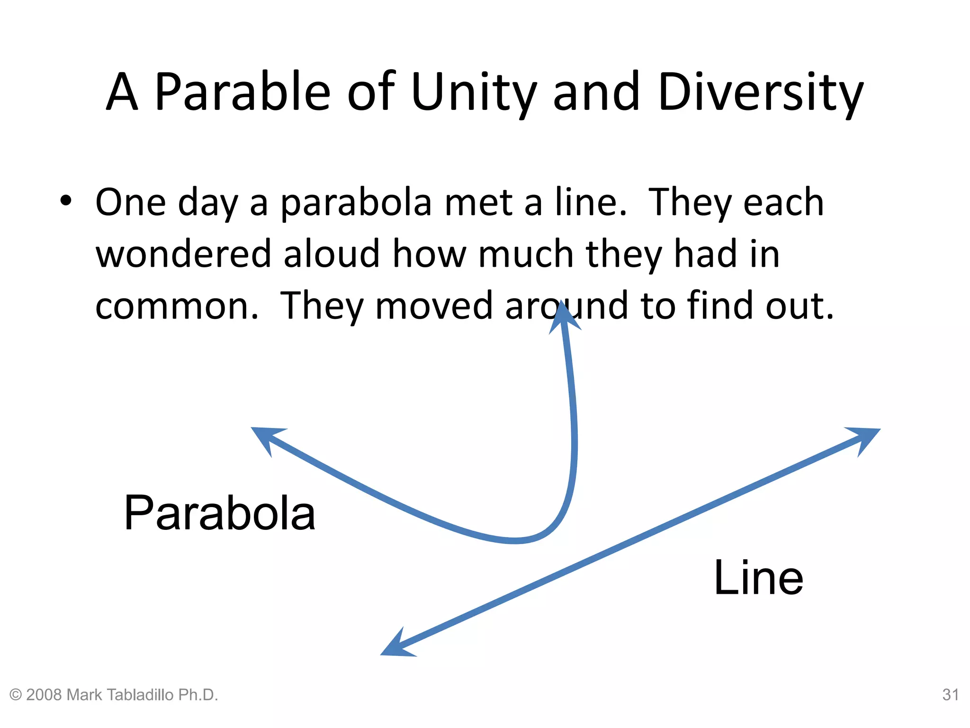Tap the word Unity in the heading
tap(474, 92)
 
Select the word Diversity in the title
tap(760, 92)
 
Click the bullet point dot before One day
tap(66, 200)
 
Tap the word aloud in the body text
tap(332, 254)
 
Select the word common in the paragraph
tap(173, 306)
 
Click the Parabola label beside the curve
tap(219, 513)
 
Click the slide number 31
tap(950, 695)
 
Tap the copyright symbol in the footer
tap(16, 695)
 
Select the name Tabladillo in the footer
tap(141, 695)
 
